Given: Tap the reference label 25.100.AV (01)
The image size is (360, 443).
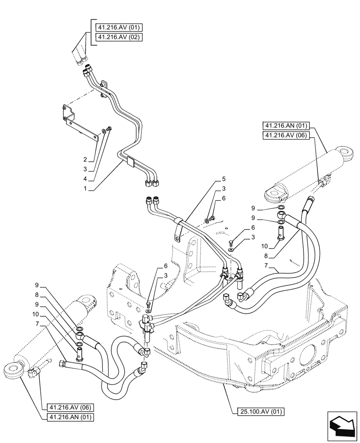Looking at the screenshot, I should coord(257,412).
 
